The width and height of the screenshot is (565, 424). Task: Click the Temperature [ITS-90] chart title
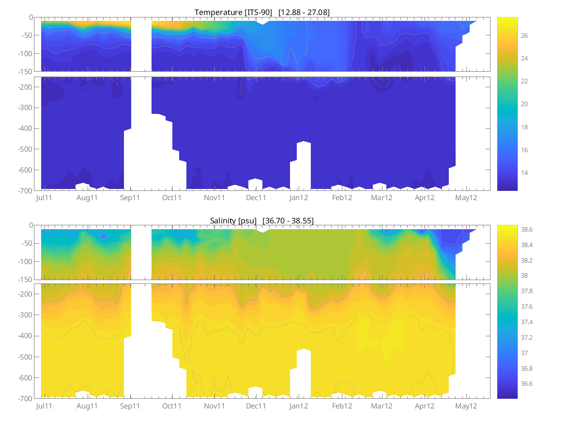coord(234,12)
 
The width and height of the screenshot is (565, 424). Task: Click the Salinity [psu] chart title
coord(234,220)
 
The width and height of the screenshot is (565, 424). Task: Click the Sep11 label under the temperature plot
coord(130,198)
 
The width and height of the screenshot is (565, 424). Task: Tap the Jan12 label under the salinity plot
coord(299,406)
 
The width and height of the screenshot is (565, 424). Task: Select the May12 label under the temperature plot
coord(467,198)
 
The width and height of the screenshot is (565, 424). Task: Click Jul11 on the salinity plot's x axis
coord(45,406)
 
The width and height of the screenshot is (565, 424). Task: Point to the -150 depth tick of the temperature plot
coord(25,72)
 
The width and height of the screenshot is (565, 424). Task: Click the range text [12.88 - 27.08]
coord(304,12)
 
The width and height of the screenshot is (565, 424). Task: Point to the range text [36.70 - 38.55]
coord(288,220)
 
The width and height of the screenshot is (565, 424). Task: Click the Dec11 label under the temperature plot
coord(256,198)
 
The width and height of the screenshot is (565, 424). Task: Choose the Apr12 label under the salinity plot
coord(425,406)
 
